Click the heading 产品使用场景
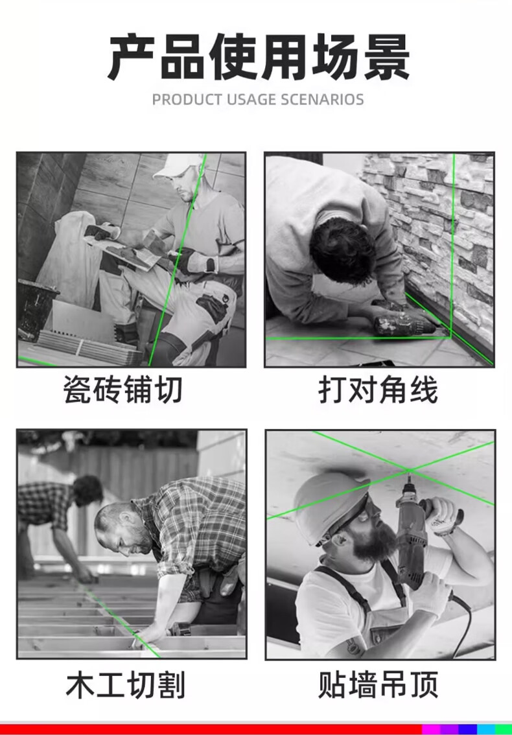click(x=259, y=57)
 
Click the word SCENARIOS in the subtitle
click(x=322, y=100)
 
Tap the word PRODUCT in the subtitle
click(x=187, y=100)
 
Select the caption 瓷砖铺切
click(x=123, y=390)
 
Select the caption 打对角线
click(x=378, y=390)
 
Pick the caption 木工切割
click(x=126, y=685)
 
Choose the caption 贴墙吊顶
click(x=378, y=685)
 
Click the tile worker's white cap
click(x=181, y=166)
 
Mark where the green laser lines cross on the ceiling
click(x=410, y=469)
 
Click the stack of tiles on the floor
click(x=89, y=348)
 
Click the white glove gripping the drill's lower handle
click(x=430, y=594)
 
